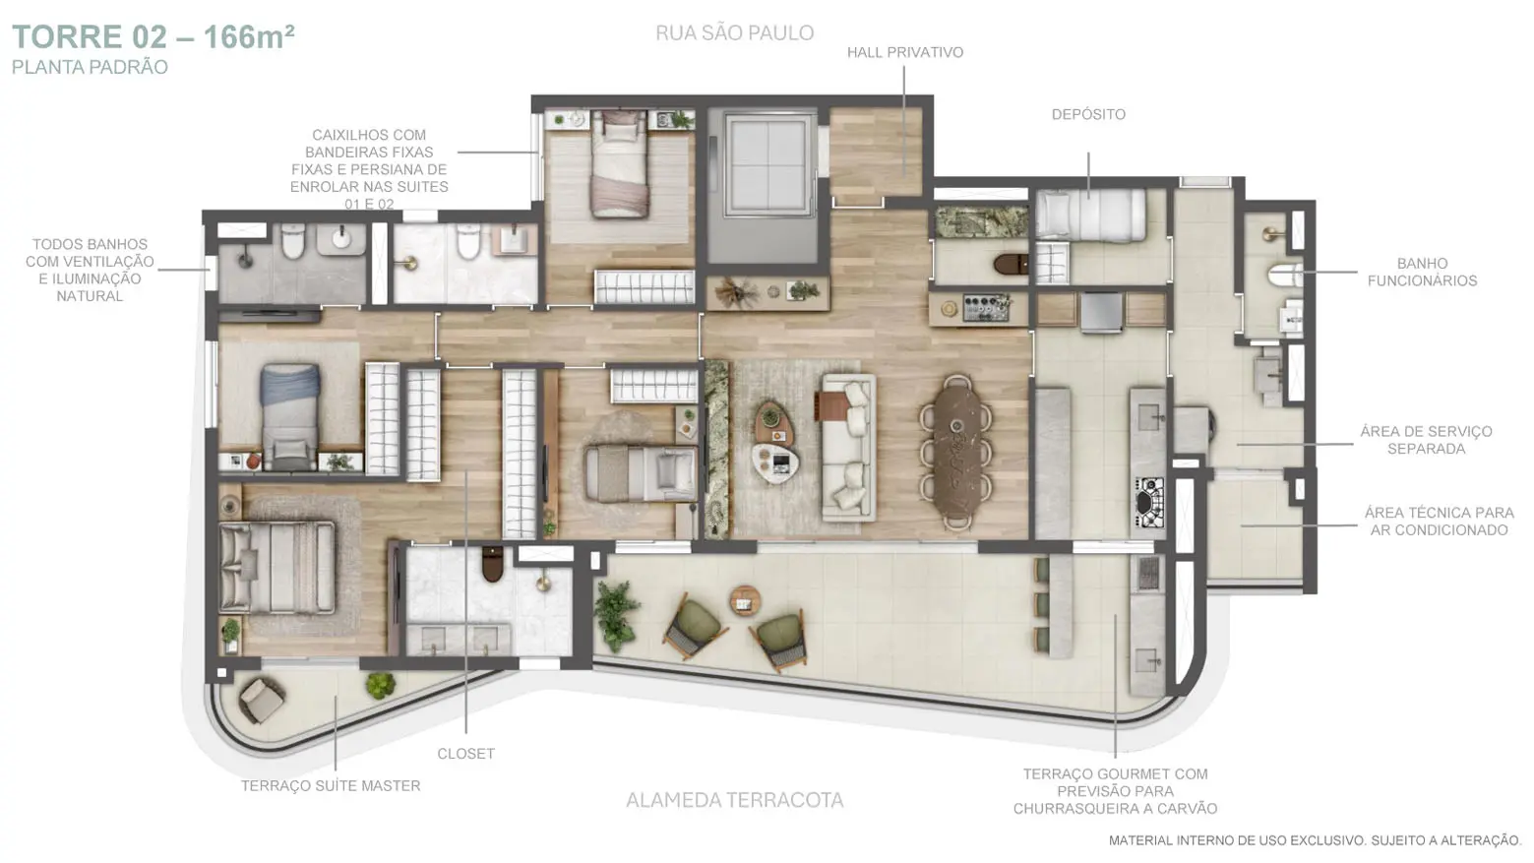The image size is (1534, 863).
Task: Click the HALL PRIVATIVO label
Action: click(x=904, y=53)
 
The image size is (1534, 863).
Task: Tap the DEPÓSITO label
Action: click(x=1088, y=114)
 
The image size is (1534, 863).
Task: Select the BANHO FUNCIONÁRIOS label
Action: click(x=1422, y=272)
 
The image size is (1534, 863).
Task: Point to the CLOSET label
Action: click(x=465, y=754)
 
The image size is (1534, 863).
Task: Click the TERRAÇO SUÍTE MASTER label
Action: click(x=330, y=785)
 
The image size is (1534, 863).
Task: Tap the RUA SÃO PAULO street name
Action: click(x=735, y=32)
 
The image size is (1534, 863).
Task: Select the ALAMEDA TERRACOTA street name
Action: click(x=735, y=800)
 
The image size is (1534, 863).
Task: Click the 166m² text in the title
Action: click(x=249, y=37)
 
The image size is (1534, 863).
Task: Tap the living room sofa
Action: click(x=848, y=447)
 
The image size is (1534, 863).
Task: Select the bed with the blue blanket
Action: click(x=290, y=416)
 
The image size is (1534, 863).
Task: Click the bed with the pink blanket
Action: click(x=620, y=164)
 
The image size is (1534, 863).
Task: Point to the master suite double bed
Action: click(x=276, y=568)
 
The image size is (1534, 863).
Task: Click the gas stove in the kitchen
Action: click(x=1150, y=502)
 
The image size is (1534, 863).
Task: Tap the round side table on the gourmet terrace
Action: click(x=745, y=601)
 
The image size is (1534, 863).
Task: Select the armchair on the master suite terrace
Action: click(x=261, y=700)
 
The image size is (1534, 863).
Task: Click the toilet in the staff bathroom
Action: click(x=1284, y=276)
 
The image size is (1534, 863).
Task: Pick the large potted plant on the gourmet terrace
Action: click(x=616, y=614)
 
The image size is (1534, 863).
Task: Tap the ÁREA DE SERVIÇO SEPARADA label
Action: click(x=1426, y=440)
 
